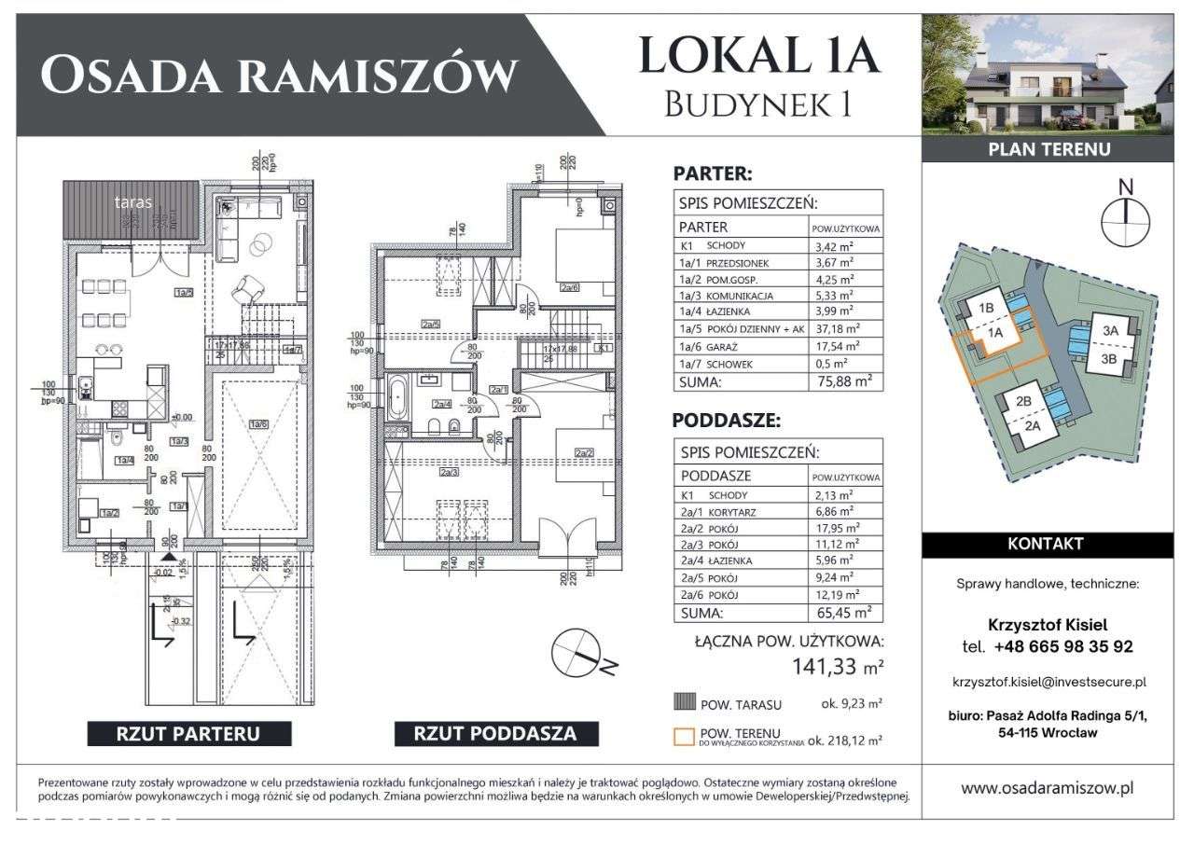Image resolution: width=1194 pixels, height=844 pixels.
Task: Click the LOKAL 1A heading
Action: pos(757,55)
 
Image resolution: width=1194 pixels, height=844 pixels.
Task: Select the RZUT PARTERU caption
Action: pos(187,733)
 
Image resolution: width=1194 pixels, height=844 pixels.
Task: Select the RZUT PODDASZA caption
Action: pos(494,733)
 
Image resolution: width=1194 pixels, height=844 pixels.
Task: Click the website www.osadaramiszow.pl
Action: pos(1048,787)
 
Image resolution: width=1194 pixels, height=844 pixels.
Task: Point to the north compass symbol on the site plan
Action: pos(1126,217)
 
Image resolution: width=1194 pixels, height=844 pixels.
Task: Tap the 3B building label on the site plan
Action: pos(1110,356)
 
